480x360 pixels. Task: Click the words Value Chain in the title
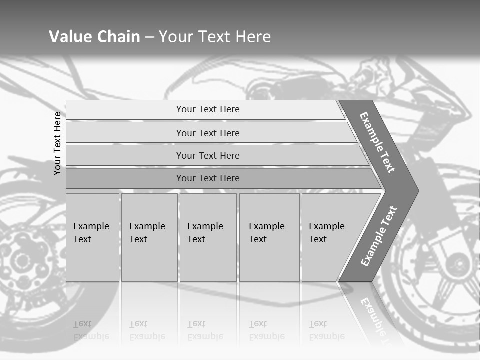94,37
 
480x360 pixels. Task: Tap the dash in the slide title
149,37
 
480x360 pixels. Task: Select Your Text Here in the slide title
214,37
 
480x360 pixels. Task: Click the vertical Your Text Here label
57,143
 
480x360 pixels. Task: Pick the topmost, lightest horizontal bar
207,109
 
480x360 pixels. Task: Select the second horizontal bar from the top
207,133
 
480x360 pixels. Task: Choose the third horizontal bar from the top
207,155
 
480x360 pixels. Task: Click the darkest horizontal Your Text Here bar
207,178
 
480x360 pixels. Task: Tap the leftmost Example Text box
92,237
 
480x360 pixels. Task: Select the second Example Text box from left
149,237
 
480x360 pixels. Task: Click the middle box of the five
207,237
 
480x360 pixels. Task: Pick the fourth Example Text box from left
269,237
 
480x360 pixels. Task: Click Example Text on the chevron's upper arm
377,142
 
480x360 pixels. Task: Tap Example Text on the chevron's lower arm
379,236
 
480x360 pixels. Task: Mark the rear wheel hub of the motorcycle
21,260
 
